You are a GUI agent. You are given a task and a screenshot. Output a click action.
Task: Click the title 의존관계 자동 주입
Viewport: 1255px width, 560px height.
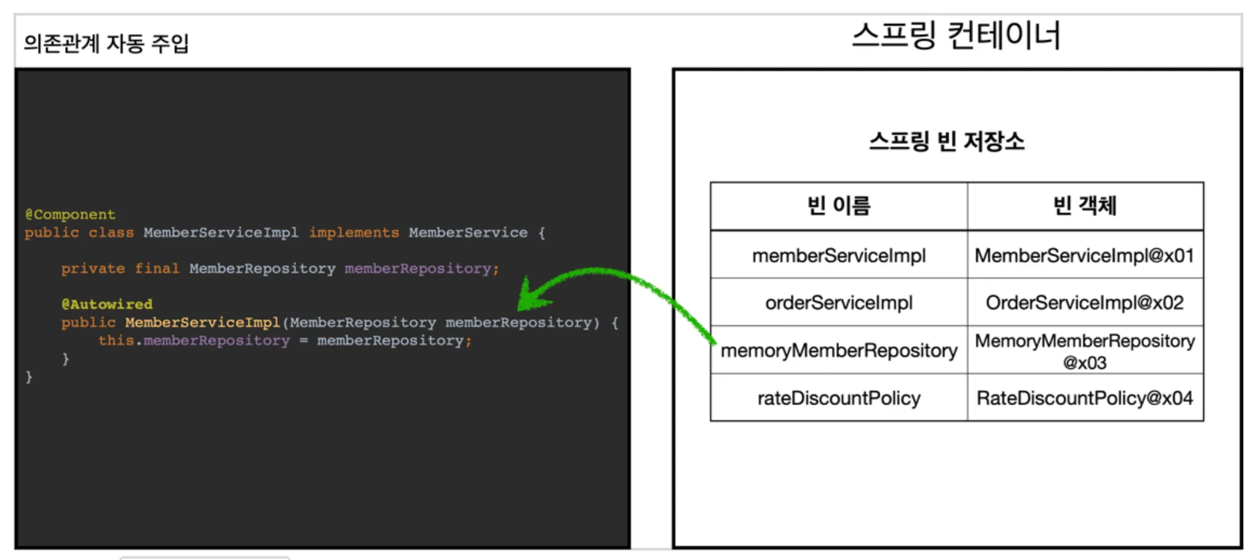pyautogui.click(x=106, y=43)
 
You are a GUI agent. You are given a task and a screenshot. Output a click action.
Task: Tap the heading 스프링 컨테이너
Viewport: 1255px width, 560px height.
pyautogui.click(x=956, y=35)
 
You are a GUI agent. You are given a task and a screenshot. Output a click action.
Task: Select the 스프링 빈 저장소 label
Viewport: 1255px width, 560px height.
pyautogui.click(x=946, y=141)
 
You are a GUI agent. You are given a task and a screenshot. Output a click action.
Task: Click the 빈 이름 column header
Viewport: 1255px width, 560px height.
pyautogui.click(x=838, y=206)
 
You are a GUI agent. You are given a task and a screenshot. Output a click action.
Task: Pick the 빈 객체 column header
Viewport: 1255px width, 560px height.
pyautogui.click(x=1085, y=206)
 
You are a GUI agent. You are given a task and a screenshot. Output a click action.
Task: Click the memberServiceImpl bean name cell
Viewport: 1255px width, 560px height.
pyautogui.click(x=838, y=255)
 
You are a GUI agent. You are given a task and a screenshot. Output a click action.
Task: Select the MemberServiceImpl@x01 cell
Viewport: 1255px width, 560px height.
pyautogui.click(x=1085, y=255)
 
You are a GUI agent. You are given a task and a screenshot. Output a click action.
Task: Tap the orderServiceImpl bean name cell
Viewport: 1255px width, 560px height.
pyautogui.click(x=838, y=303)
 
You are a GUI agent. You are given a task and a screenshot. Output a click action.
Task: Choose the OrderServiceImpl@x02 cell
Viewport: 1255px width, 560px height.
pyautogui.click(x=1085, y=303)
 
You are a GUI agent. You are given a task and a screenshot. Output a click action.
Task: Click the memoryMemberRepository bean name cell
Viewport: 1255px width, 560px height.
pyautogui.click(x=838, y=350)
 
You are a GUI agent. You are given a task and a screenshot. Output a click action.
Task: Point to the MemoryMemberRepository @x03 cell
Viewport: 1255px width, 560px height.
pyautogui.click(x=1085, y=350)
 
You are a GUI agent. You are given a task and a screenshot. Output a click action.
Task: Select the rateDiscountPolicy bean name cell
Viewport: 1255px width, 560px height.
pyautogui.click(x=838, y=398)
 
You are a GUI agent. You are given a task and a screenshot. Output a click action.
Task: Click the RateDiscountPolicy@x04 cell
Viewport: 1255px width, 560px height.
pyautogui.click(x=1085, y=398)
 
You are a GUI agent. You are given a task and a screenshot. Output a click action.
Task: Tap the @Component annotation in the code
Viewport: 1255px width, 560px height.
pyautogui.click(x=70, y=214)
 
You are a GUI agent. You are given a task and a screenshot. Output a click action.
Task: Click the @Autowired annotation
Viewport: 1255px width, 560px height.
pyautogui.click(x=107, y=304)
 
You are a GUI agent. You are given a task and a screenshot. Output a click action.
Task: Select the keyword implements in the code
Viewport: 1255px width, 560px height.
pyautogui.click(x=354, y=232)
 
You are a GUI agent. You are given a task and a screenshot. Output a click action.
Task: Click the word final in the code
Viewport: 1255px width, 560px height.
pyautogui.click(x=157, y=268)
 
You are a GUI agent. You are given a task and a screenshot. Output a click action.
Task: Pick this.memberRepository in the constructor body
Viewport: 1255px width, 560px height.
pyautogui.click(x=193, y=341)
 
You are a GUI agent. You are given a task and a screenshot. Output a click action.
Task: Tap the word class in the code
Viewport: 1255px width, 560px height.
pyautogui.click(x=111, y=232)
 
